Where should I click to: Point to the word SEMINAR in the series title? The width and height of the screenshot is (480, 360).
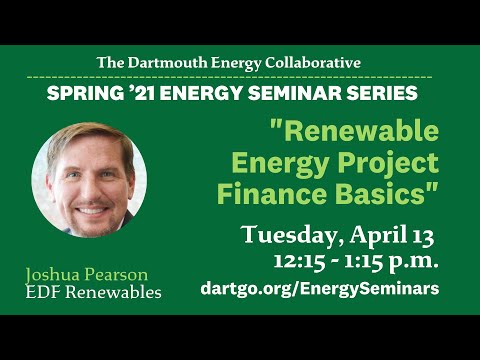(x=295, y=93)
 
